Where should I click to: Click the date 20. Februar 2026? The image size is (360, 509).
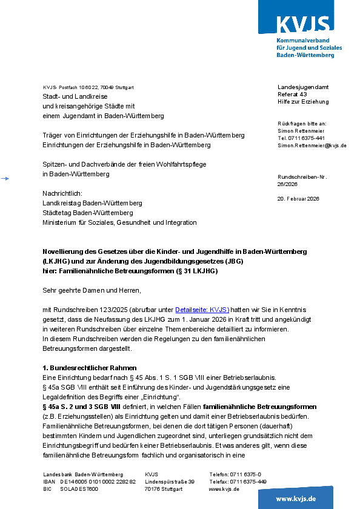click(298, 199)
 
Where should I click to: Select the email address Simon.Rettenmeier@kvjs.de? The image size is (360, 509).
click(312, 145)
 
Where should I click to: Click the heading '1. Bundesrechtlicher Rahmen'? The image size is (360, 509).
click(90, 368)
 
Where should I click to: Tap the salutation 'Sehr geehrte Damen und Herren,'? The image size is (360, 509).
click(92, 290)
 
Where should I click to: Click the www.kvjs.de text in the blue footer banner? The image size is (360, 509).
click(296, 499)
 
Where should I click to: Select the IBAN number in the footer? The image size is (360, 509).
click(98, 482)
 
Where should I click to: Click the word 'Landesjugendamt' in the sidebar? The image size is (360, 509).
click(303, 87)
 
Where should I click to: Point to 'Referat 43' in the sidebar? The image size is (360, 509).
click(292, 95)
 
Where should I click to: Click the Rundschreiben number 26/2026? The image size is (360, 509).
click(288, 184)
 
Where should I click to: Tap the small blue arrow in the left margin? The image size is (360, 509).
click(5, 178)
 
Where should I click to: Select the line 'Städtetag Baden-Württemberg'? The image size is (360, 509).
click(88, 213)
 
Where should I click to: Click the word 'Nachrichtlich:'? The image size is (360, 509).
click(62, 193)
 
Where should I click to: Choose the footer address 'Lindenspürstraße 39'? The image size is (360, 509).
click(170, 482)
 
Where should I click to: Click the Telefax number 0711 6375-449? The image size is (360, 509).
click(248, 482)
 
